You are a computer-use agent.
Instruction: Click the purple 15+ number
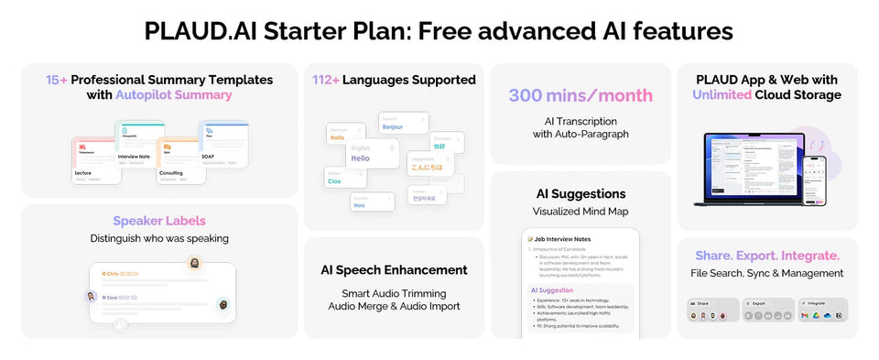[x=56, y=80]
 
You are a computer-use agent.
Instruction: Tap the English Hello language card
[x=372, y=154]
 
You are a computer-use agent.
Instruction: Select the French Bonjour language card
[x=402, y=124]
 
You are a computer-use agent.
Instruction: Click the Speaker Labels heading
[x=158, y=221]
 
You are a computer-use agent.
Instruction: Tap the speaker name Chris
[x=113, y=273]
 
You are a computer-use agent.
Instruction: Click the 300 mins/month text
[x=581, y=95]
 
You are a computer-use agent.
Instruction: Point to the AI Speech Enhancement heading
[x=394, y=270]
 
